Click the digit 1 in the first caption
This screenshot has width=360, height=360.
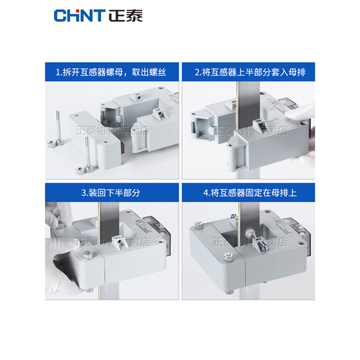pyautogui.click(x=58, y=71)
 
